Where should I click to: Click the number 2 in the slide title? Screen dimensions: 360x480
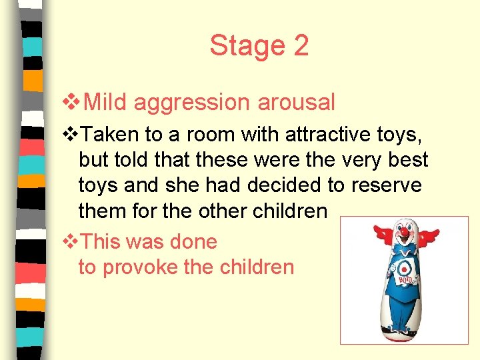(x=300, y=46)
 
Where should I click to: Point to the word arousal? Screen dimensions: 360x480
(x=296, y=102)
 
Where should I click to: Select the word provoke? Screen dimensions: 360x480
(x=138, y=267)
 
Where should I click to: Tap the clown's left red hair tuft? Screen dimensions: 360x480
(x=383, y=234)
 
